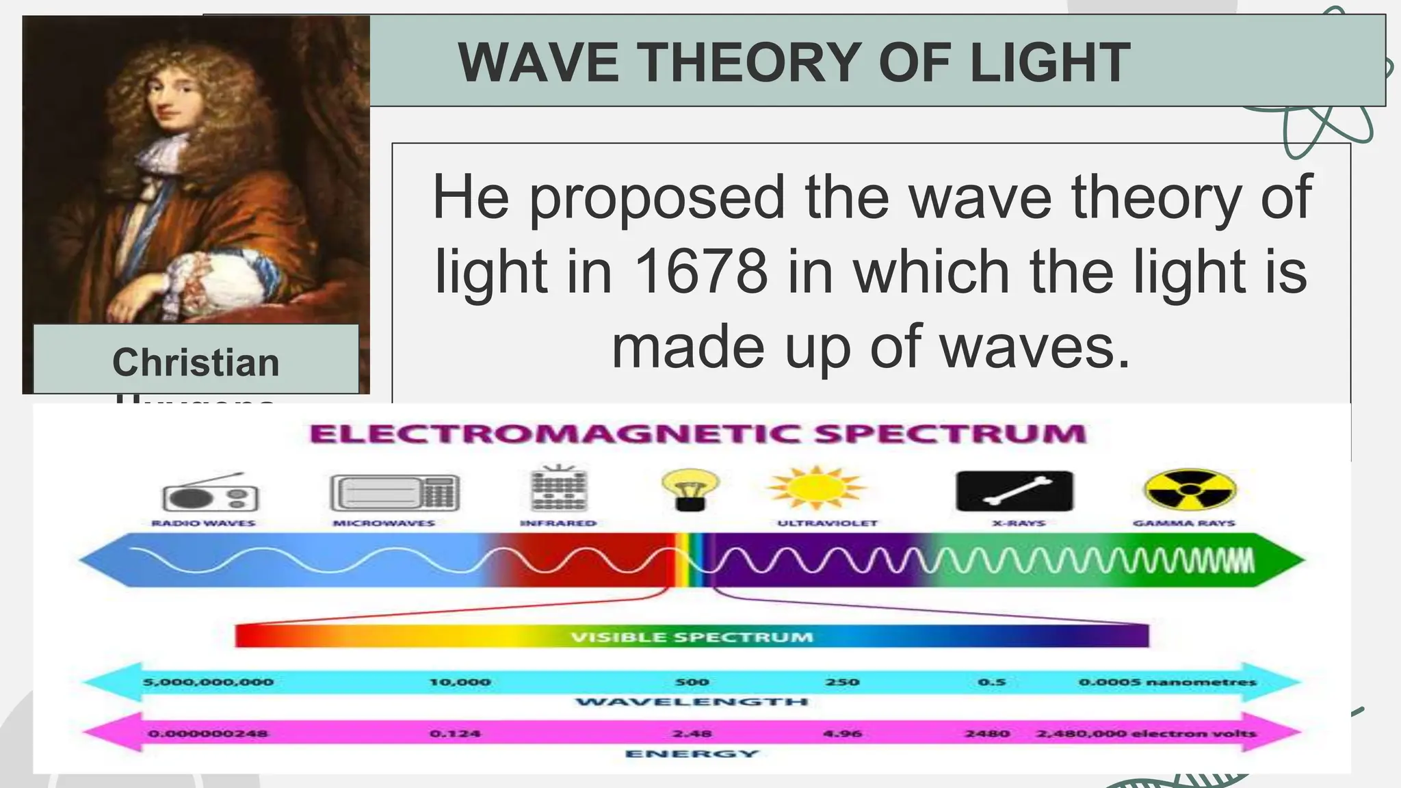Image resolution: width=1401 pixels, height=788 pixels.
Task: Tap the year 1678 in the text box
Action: pos(702,272)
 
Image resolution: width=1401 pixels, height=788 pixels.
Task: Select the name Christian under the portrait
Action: pos(196,362)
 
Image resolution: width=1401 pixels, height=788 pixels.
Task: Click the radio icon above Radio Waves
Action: pos(209,493)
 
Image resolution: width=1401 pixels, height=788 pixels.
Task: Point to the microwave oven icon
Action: pos(395,492)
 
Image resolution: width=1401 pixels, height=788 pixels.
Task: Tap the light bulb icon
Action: pos(690,488)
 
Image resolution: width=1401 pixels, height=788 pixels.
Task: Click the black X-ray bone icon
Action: pos(1014,491)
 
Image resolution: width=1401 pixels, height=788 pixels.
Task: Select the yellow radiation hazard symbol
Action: pos(1190,490)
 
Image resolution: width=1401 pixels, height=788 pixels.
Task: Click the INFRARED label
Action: pos(558,523)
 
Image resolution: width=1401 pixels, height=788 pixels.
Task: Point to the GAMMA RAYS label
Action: pos(1183,523)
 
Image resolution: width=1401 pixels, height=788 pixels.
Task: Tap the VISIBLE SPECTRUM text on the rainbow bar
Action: pos(692,638)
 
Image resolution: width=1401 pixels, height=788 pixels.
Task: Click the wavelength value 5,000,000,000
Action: pos(208,682)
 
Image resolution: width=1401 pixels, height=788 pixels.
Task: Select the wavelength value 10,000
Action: pos(460,682)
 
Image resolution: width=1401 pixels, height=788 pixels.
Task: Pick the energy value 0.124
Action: pos(455,734)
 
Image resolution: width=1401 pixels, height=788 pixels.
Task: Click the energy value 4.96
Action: pos(842,734)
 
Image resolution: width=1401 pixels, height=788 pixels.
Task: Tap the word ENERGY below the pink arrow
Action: pos(692,754)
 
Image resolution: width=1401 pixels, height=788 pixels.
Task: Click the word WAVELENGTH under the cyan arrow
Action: pos(692,702)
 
